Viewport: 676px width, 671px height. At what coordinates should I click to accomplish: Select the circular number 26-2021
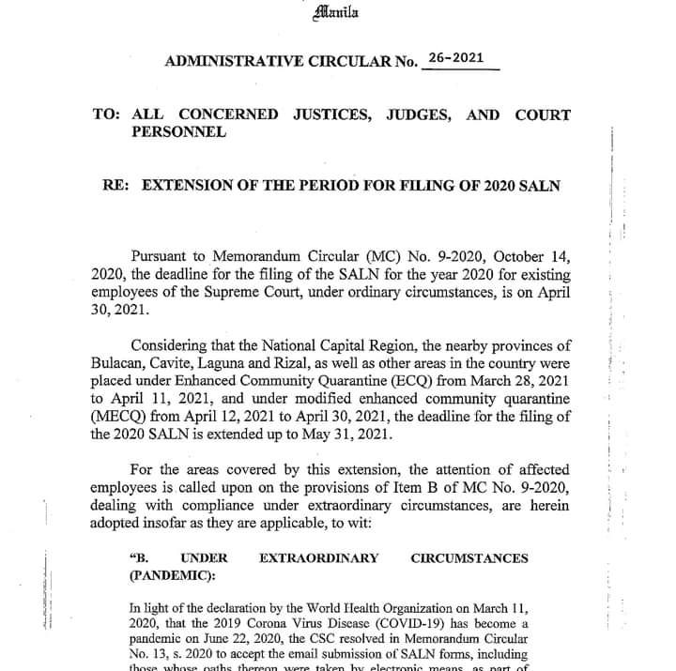pos(455,57)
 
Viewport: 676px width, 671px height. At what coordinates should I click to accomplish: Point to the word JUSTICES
pos(335,114)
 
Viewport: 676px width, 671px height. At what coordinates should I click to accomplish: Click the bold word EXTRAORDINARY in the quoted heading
pos(318,558)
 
